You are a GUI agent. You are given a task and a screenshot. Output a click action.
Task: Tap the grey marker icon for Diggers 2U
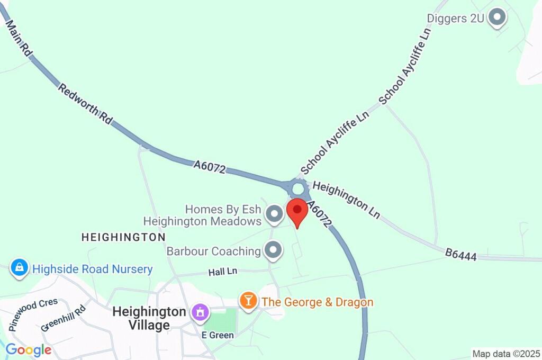pos(496,18)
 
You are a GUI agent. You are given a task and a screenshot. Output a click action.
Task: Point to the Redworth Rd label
pos(85,104)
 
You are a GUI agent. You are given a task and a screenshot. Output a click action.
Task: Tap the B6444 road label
pos(460,256)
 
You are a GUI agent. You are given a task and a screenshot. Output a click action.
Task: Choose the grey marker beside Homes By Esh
pos(274,214)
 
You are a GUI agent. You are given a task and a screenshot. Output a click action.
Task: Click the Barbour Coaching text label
pos(213,250)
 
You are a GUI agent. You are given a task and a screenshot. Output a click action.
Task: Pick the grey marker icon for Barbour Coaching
pos(273,250)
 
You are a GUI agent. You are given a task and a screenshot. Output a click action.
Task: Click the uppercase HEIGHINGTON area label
pos(123,237)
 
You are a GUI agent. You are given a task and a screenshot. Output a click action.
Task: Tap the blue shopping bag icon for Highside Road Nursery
pos(19,269)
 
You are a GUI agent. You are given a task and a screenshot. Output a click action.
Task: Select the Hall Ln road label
pos(223,272)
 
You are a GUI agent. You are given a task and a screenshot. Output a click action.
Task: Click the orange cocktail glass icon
pos(247,301)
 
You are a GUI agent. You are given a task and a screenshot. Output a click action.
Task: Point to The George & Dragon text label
pos(318,302)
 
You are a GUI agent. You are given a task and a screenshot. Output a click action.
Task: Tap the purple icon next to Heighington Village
pos(200,312)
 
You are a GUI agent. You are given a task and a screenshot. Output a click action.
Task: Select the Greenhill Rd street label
pos(63,319)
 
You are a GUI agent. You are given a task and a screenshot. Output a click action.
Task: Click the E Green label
pos(218,335)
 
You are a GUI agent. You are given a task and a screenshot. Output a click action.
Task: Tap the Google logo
pos(28,350)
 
